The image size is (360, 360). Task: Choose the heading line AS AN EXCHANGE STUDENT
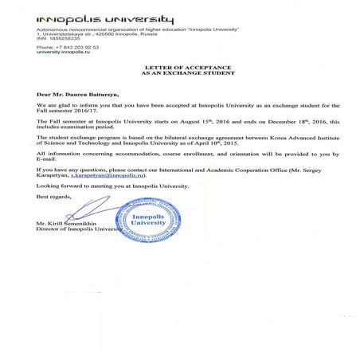[179, 75]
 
